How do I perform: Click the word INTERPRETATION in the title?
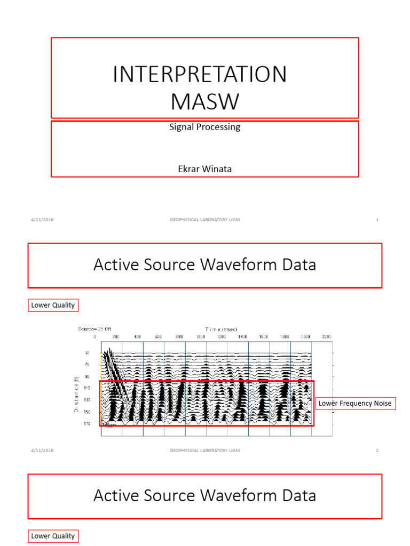point(200,75)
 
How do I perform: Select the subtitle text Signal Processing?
point(204,127)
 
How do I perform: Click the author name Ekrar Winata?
point(204,169)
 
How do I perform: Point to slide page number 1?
point(377,220)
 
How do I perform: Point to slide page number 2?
point(377,451)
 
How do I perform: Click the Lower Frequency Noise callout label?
point(355,404)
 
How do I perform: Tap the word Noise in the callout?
point(382,404)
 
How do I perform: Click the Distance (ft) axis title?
point(76,395)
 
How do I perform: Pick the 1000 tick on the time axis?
point(200,337)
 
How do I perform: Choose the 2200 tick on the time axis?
point(327,337)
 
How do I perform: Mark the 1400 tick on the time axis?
point(242,337)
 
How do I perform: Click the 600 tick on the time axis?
point(158,337)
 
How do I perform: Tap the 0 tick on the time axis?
point(95,337)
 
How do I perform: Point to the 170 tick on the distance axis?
point(86,423)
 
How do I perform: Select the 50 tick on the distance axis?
point(87,353)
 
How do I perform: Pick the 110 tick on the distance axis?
point(86,388)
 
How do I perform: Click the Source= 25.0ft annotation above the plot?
point(94,330)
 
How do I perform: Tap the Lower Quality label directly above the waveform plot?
point(52,306)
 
